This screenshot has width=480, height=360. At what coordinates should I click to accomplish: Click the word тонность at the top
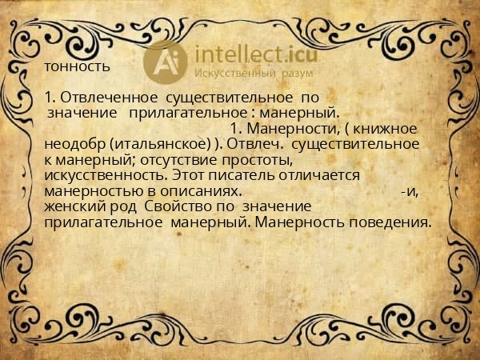pos(78,66)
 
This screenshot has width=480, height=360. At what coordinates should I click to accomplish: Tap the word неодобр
pos(76,144)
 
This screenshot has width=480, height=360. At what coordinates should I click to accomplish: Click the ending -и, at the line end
pos(410,192)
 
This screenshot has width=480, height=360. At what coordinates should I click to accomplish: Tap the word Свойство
pos(178,208)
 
